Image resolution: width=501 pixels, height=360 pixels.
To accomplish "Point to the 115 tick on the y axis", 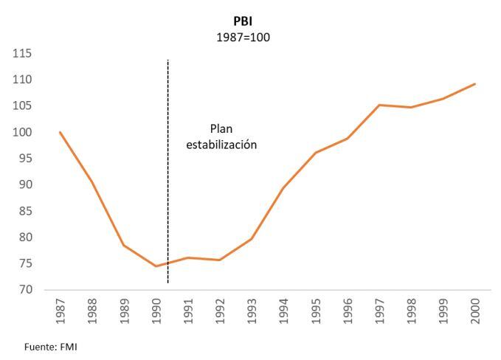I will pos(22,54).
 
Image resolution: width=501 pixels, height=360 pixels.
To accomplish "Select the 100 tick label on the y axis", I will pos(22,132).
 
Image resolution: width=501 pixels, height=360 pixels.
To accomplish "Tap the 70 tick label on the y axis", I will pos(25,290).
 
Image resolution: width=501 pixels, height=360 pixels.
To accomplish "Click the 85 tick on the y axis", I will pos(25,211).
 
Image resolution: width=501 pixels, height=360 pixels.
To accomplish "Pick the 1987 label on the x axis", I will pos(60,312).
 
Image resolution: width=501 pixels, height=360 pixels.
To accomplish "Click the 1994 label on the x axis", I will pos(283,312).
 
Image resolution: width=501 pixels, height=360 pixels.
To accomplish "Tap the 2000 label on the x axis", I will pos(474,312).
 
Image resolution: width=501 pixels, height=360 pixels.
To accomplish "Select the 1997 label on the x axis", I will pos(379,312).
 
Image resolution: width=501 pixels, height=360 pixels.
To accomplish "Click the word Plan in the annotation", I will pos(221,128).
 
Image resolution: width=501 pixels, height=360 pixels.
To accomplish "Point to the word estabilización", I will pos(221,145).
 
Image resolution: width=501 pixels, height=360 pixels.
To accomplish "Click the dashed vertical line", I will pos(168,184).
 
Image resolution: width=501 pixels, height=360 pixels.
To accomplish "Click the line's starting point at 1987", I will pos(60,132).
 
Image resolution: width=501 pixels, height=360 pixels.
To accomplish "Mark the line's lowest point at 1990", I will pos(156,266).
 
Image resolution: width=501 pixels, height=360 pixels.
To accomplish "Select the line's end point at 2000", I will pos(474,83).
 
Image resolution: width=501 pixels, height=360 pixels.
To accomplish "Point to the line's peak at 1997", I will pos(379,105).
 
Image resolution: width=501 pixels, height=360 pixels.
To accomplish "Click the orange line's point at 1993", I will pos(251,239).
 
